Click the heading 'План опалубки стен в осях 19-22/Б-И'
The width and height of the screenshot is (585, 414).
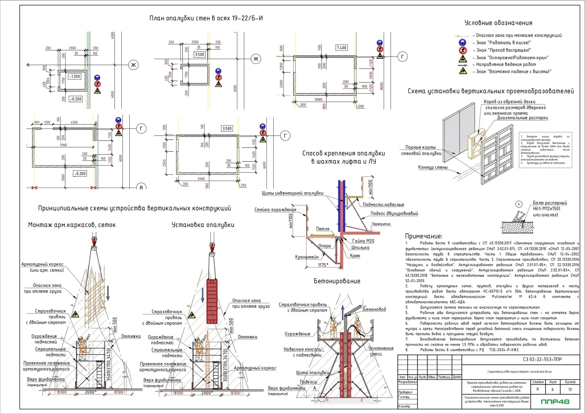point(206,18)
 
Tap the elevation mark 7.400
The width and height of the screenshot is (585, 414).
point(341,48)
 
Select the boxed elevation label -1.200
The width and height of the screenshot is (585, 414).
point(74,76)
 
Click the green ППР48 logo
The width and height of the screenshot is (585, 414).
point(555,402)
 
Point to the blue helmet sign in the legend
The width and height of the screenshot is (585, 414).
point(462,43)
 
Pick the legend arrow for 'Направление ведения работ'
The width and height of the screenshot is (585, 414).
point(463,65)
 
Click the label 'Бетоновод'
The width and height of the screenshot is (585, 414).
point(374,309)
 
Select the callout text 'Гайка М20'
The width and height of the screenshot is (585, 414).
point(363,241)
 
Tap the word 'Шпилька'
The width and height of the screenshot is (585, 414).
point(360,247)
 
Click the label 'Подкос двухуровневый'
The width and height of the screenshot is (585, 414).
point(394,213)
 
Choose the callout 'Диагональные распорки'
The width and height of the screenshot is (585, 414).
point(522,118)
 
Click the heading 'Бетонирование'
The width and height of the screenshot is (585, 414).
point(337,281)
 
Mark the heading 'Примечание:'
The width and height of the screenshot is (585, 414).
point(423,236)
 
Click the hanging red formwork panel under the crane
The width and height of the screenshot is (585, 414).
point(212,301)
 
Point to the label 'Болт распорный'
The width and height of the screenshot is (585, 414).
point(550,203)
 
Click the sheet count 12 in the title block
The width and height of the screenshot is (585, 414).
point(570,389)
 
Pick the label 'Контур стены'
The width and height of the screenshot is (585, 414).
point(433,167)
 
